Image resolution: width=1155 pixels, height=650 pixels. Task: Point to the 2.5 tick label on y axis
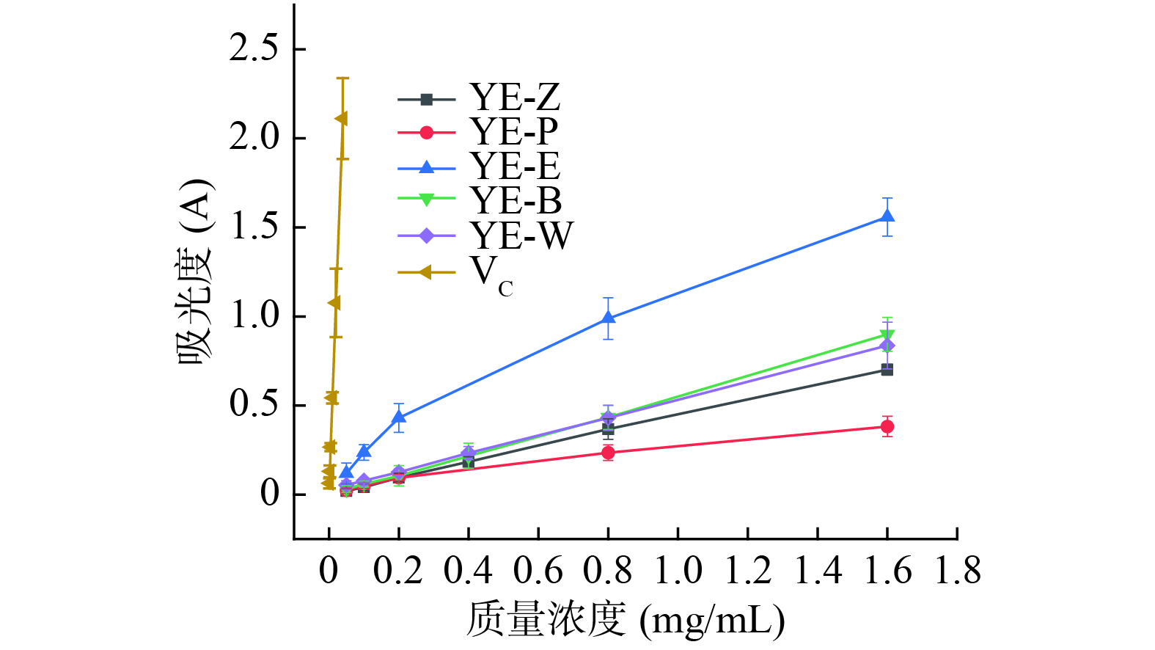(x=254, y=49)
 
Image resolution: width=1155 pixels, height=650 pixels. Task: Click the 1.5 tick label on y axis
(x=254, y=227)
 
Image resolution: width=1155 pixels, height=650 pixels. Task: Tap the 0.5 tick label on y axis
(x=254, y=405)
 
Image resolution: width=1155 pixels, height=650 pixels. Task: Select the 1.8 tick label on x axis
(x=957, y=571)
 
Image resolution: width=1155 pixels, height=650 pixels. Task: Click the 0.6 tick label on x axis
(x=538, y=571)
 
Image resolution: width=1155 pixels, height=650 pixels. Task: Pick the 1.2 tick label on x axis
(x=748, y=571)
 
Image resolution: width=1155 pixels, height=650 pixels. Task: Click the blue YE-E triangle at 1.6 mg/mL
(x=887, y=216)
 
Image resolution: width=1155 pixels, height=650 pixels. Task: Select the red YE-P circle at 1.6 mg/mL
(x=887, y=426)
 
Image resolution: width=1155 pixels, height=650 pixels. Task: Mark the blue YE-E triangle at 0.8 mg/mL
(x=608, y=318)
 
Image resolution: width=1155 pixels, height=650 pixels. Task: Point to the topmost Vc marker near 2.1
(x=341, y=119)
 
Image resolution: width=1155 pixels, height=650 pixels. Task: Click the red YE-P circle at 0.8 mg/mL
(x=608, y=453)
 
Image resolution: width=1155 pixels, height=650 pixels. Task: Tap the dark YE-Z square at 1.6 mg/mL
(x=887, y=370)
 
